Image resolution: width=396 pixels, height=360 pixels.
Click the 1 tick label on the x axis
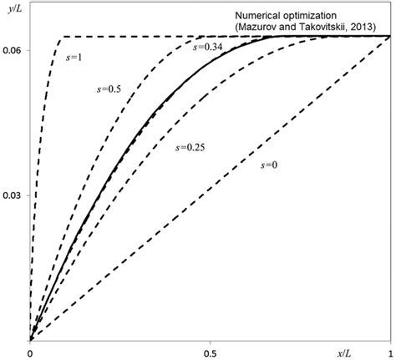point(389,352)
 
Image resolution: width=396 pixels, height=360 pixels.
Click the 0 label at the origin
point(30,352)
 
